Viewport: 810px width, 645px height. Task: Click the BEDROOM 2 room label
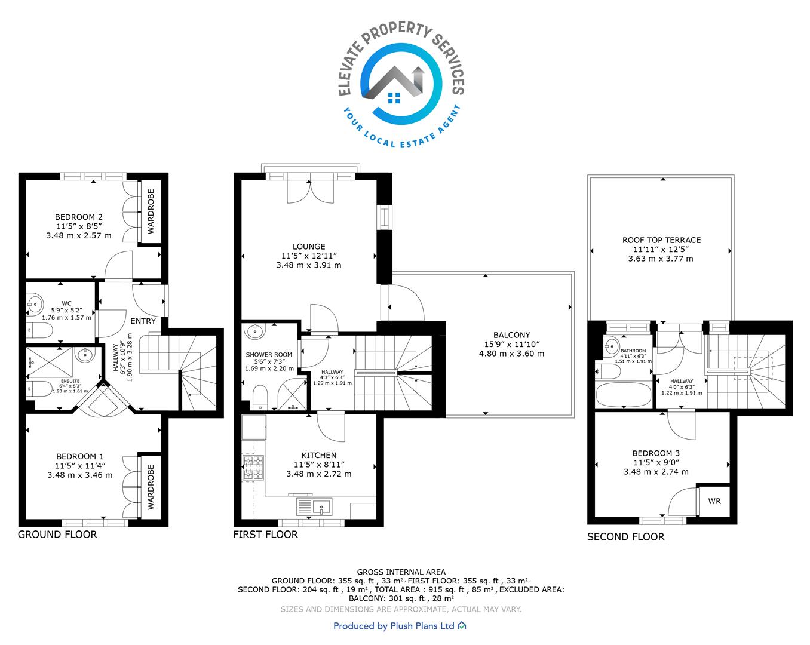click(79, 217)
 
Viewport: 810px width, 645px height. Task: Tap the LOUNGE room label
click(309, 247)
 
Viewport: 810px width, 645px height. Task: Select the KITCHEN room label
click(319, 455)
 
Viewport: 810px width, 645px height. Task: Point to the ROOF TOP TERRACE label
click(661, 240)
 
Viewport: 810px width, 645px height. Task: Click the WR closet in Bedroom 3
click(714, 501)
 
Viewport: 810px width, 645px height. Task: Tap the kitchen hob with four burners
click(253, 468)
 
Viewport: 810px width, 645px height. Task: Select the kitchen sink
click(315, 506)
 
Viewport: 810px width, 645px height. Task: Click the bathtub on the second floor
click(624, 395)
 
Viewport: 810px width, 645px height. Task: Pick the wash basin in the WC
click(35, 303)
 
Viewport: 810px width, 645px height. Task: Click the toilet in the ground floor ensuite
click(39, 389)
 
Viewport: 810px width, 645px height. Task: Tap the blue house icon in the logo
click(394, 98)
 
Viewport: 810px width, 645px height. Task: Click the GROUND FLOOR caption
click(57, 535)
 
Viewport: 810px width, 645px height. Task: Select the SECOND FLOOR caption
click(625, 537)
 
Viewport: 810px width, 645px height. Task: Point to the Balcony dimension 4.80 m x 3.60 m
click(511, 354)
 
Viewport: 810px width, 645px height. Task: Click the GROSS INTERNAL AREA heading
click(401, 572)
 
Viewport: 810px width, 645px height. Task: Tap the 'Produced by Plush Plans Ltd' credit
click(400, 626)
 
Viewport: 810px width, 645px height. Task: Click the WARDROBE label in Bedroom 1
click(151, 487)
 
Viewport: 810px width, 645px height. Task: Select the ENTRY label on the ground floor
click(143, 321)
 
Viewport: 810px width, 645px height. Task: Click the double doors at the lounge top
click(310, 192)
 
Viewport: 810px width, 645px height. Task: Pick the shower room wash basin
click(255, 331)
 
